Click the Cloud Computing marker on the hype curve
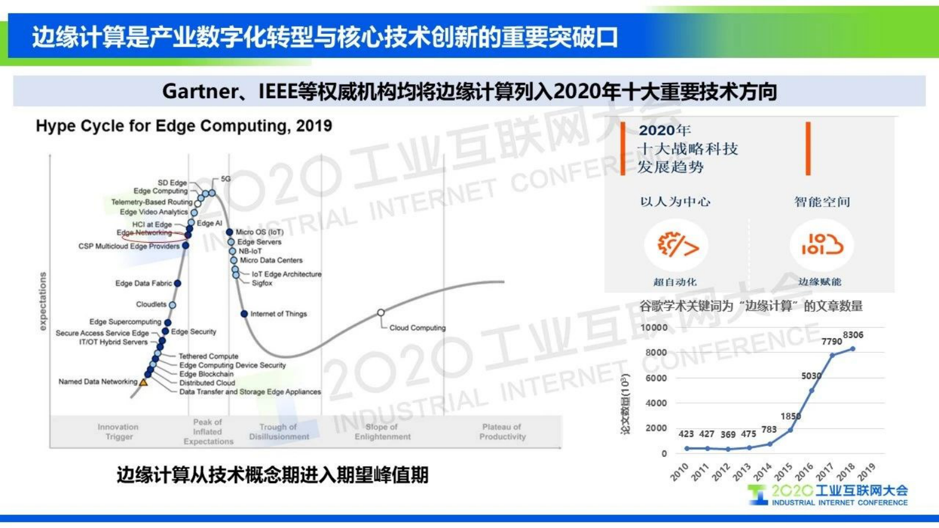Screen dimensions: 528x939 [x=381, y=312]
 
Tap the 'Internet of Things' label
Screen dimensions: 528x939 [x=278, y=314]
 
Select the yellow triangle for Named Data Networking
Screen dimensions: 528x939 [x=143, y=382]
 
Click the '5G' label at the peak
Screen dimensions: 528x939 [x=225, y=178]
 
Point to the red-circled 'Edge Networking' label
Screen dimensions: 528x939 [x=144, y=233]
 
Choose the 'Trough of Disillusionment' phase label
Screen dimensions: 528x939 [x=279, y=432]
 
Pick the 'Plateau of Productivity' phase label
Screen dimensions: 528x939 [x=502, y=432]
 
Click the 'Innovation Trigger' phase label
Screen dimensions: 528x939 [x=118, y=432]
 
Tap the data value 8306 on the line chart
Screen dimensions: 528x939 [x=853, y=334]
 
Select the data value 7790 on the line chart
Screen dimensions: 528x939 [x=831, y=342]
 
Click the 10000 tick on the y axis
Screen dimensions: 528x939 [x=654, y=327]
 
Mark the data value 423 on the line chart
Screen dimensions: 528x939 [x=686, y=434]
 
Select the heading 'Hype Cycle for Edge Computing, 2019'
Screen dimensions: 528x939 [x=184, y=125]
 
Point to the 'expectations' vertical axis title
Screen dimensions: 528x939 [x=43, y=301]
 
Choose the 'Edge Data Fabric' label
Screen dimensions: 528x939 [x=143, y=284]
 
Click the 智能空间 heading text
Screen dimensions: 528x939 [x=822, y=202]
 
